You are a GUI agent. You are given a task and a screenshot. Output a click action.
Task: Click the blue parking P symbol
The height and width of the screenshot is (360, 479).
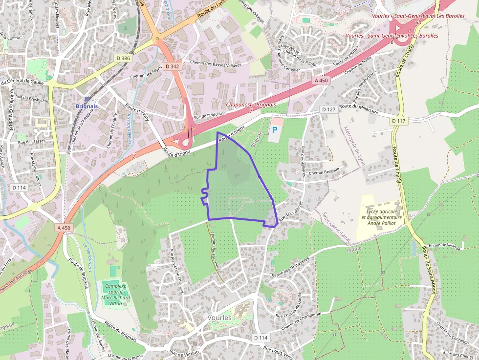(x=274, y=130)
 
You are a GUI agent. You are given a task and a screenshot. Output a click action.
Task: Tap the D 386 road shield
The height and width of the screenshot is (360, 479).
(x=123, y=59)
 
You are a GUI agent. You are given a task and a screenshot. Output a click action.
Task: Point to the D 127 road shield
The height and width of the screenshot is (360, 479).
(x=329, y=109)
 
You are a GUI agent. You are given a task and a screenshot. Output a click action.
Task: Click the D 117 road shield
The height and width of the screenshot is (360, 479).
(x=399, y=120)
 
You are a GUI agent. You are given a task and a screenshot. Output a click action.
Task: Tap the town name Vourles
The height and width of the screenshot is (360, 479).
(x=219, y=318)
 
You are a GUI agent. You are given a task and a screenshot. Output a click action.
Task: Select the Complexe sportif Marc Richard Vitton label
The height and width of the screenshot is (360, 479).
(x=115, y=294)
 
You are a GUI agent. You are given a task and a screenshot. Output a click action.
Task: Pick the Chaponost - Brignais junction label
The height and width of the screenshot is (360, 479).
(x=251, y=105)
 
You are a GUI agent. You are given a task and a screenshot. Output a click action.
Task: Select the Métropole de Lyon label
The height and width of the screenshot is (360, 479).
(x=353, y=147)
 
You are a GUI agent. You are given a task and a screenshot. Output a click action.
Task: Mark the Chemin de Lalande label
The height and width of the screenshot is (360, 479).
(x=444, y=246)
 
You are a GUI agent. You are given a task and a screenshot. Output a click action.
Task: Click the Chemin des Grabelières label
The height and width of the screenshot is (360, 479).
(x=290, y=267)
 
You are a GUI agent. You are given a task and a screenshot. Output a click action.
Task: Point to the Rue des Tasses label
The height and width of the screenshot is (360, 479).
(x=31, y=142)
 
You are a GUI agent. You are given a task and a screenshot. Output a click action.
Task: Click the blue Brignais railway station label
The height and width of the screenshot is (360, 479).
(x=87, y=106)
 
